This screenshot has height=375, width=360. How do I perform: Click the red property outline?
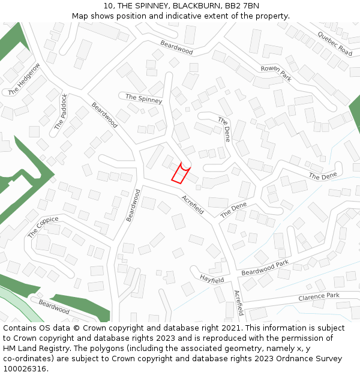(179, 173)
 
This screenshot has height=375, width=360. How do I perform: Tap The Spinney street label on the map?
(143, 98)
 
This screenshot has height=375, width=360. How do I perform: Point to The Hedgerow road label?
(25, 79)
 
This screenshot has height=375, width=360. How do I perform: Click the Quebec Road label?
(335, 43)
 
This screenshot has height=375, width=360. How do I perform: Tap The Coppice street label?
(43, 227)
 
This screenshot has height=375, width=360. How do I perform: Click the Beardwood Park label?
(265, 268)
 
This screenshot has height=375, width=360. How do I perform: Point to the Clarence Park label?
(319, 296)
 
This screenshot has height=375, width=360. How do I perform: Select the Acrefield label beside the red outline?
(193, 205)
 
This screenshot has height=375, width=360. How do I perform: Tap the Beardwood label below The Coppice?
(54, 307)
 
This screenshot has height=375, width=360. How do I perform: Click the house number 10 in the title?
(109, 6)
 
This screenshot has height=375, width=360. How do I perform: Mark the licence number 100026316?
(25, 369)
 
